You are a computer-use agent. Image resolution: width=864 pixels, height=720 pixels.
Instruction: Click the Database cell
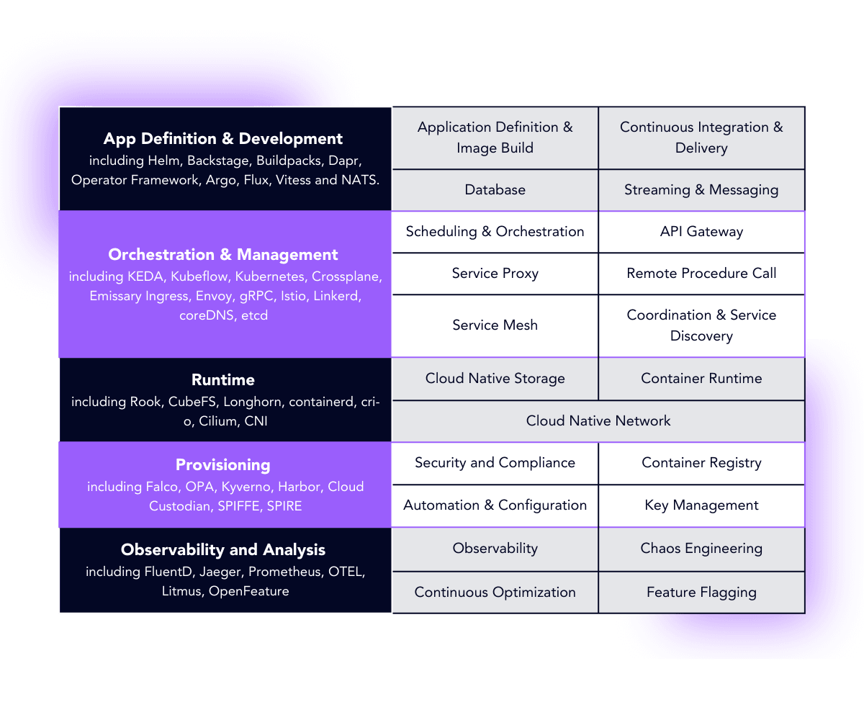click(x=495, y=190)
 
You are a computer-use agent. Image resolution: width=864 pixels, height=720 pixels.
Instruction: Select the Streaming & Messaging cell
click(x=701, y=190)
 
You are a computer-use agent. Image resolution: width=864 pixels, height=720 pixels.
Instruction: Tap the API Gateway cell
click(x=701, y=232)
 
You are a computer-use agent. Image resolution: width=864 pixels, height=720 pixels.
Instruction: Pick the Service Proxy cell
click(x=495, y=274)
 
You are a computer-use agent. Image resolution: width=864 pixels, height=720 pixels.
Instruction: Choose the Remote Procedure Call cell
click(x=701, y=274)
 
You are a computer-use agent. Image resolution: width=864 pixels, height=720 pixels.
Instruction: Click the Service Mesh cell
click(x=495, y=325)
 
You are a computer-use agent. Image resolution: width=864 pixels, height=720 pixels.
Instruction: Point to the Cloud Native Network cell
click(x=598, y=421)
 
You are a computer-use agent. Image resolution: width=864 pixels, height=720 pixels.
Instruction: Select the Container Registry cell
click(x=701, y=463)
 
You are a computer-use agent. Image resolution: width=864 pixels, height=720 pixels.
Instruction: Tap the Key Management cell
click(x=701, y=505)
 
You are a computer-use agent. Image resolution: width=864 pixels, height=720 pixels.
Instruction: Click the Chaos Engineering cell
click(x=701, y=549)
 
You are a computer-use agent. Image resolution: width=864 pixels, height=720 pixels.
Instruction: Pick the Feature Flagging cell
click(x=701, y=593)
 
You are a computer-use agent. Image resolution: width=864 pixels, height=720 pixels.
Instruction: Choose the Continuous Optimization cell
click(x=495, y=593)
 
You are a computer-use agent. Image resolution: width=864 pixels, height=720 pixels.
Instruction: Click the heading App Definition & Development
click(x=223, y=139)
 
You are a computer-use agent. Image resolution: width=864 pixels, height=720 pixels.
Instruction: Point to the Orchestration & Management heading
click(x=223, y=255)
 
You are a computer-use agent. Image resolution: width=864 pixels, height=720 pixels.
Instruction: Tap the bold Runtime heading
click(x=223, y=380)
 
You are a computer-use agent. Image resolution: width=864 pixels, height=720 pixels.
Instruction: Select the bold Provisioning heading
click(x=223, y=465)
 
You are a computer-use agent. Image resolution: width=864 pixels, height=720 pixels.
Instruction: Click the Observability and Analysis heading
click(x=223, y=550)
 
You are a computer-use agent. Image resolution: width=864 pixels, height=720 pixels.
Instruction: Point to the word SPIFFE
click(x=240, y=506)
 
